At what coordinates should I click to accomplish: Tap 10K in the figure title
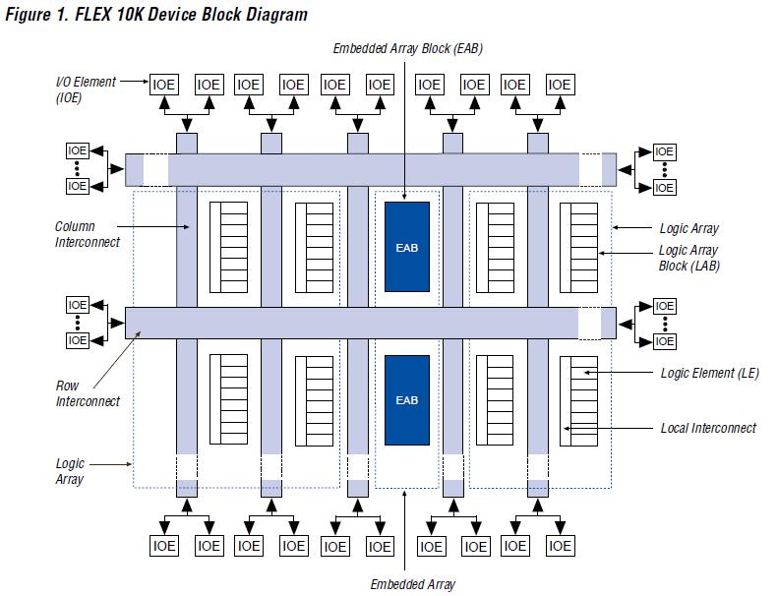[133, 15]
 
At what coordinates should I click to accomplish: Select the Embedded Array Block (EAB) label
[407, 48]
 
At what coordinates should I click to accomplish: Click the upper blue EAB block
[406, 247]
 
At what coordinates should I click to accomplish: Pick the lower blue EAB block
[406, 400]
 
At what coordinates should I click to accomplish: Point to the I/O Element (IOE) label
[85, 89]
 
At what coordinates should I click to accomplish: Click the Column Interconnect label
[88, 234]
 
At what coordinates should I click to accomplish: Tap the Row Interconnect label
[88, 393]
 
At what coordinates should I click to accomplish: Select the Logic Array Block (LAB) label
[688, 258]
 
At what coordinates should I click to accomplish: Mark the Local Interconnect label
[708, 428]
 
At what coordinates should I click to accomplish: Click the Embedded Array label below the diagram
[413, 584]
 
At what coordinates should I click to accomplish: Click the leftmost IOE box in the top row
[164, 85]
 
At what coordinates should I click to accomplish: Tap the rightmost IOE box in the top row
[560, 85]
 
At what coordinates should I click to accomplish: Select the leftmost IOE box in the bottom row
[164, 546]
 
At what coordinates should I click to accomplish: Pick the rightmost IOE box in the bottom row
[560, 546]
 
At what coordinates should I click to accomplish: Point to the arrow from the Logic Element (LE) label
[618, 373]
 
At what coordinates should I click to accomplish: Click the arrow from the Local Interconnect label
[610, 428]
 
